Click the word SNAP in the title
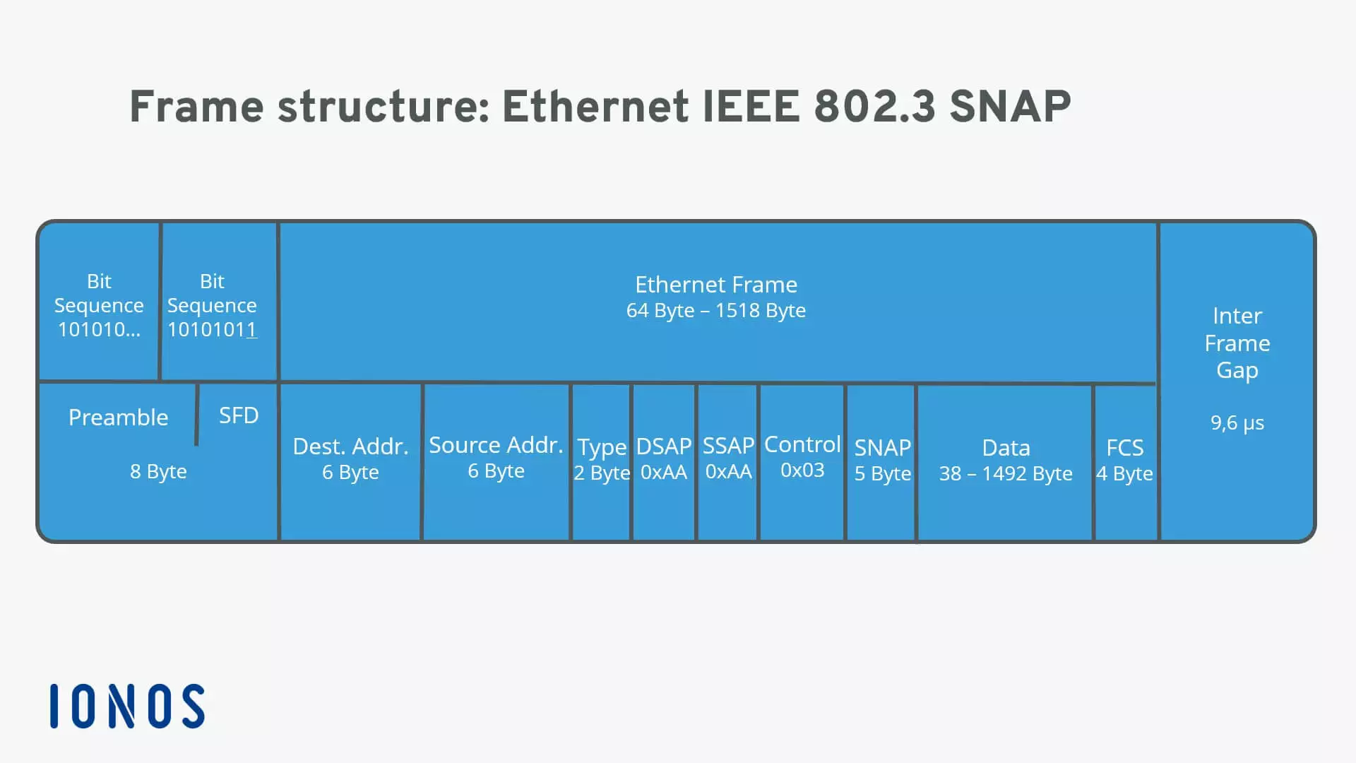coord(1010,107)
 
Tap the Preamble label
coord(118,418)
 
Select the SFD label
coord(239,415)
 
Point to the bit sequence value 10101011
coord(212,329)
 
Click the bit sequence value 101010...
coord(99,329)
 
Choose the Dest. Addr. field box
coord(350,462)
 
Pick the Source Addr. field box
coord(496,462)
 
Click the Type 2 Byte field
coord(601,462)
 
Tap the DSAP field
coord(664,462)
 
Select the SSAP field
coord(728,462)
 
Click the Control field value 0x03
coord(802,470)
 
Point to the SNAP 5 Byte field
coord(882,462)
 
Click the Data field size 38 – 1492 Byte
coord(1006,473)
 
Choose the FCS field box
coord(1125,462)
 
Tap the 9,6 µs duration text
coord(1237,423)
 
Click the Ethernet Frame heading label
coord(716,285)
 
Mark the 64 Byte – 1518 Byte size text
coord(716,310)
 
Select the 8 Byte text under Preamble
coord(158,471)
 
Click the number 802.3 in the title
coord(875,107)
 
